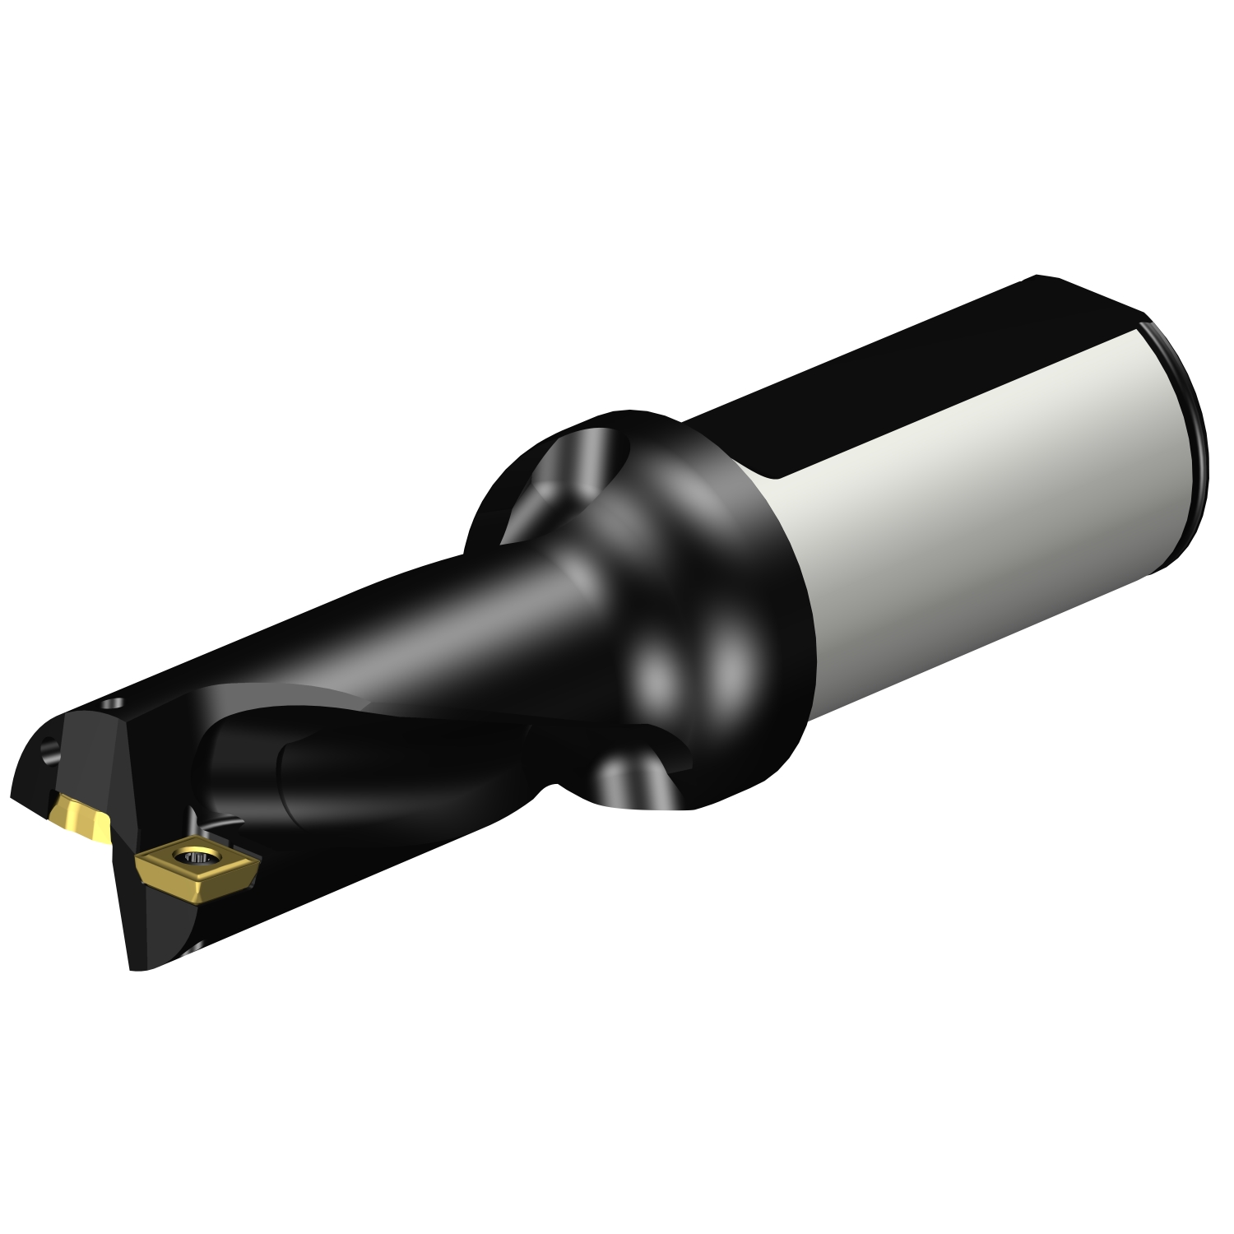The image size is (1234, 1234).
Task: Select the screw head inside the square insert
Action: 200,858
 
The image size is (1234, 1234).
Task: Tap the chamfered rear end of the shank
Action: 1185,444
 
